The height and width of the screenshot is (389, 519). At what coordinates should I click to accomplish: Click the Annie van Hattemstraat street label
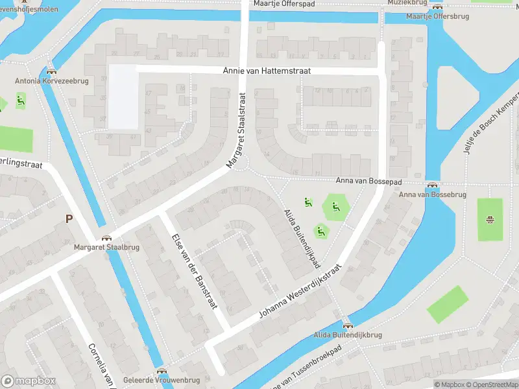tap(267, 71)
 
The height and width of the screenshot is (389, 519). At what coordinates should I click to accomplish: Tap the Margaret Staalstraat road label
tap(237, 131)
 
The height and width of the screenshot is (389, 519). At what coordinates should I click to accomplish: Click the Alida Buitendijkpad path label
tap(302, 239)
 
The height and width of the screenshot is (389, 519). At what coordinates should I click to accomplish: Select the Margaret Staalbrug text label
tap(97, 248)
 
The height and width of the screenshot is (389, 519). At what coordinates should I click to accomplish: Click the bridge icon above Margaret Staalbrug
tap(106, 238)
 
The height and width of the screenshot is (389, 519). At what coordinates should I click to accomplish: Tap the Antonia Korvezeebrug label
tap(51, 81)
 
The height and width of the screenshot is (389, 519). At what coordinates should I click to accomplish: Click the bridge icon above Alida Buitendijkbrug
tap(347, 325)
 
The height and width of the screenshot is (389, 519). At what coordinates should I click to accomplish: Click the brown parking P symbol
tap(69, 219)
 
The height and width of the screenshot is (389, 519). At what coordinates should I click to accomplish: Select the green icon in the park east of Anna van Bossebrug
tap(490, 218)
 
